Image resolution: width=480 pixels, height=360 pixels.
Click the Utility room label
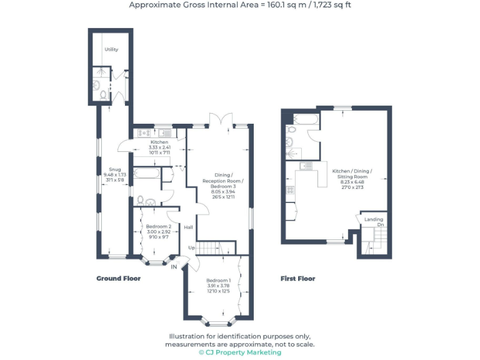111,49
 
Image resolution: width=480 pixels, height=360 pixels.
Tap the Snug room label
115,169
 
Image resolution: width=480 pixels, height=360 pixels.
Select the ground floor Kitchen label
155,142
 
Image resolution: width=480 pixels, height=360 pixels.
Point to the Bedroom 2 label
158,226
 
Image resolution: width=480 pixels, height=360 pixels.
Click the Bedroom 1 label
219,281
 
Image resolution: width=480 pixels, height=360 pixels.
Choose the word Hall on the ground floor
187,227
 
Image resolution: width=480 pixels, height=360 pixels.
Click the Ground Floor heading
118,278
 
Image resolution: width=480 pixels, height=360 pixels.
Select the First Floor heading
297,278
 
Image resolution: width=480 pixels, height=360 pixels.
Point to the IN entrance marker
175,267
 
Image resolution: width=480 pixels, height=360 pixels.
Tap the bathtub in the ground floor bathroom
147,172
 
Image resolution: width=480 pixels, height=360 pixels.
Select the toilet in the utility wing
102,96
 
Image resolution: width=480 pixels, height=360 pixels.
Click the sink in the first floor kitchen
306,166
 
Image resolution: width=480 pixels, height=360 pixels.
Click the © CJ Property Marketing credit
240,352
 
